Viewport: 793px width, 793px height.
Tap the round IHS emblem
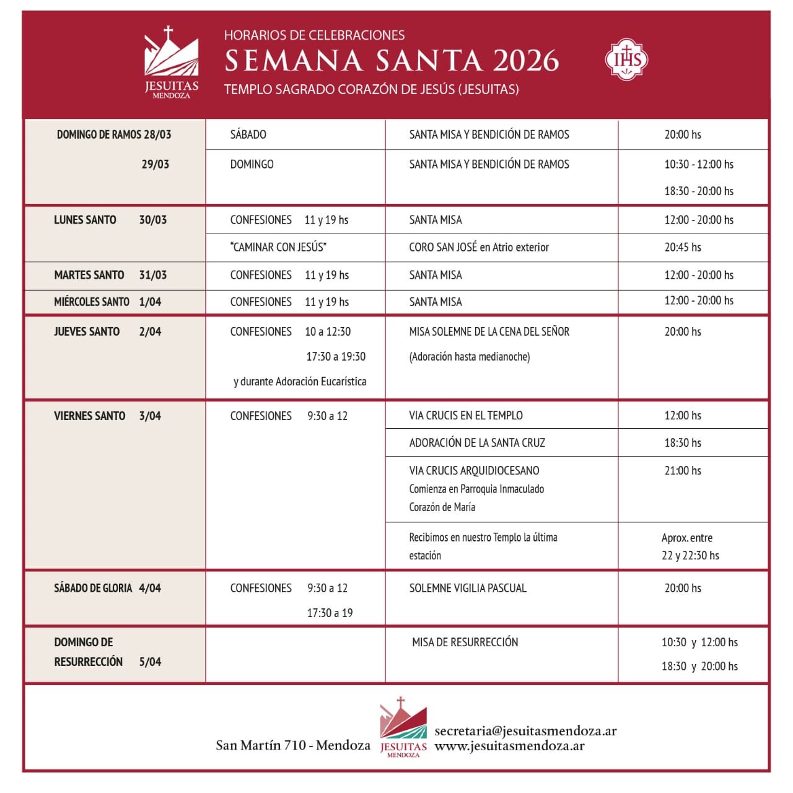tap(626, 60)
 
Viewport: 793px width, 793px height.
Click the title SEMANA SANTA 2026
tap(392, 61)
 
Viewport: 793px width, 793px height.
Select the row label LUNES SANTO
tap(85, 220)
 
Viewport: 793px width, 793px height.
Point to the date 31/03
tap(153, 275)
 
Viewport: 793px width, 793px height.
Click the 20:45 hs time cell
tap(683, 247)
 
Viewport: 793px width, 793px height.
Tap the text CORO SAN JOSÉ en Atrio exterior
tap(479, 247)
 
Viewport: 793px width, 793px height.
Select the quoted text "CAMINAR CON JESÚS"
tap(278, 247)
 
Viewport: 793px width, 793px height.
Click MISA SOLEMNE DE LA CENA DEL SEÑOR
tap(489, 331)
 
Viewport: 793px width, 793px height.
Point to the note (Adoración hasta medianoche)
tap(469, 357)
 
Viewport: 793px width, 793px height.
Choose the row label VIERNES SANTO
tap(89, 416)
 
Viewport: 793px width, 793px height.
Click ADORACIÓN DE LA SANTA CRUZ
tap(477, 443)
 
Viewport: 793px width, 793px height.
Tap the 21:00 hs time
tap(683, 471)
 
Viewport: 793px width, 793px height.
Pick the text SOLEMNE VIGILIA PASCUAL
tap(468, 588)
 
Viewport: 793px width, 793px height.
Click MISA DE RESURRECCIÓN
tap(465, 642)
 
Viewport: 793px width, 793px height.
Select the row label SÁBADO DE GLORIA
tap(92, 588)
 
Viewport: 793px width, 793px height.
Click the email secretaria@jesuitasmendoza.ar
tap(525, 731)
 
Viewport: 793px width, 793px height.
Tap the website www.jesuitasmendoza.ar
tap(509, 746)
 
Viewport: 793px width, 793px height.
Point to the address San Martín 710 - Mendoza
tap(293, 745)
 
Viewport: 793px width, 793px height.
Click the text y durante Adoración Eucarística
tap(300, 382)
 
